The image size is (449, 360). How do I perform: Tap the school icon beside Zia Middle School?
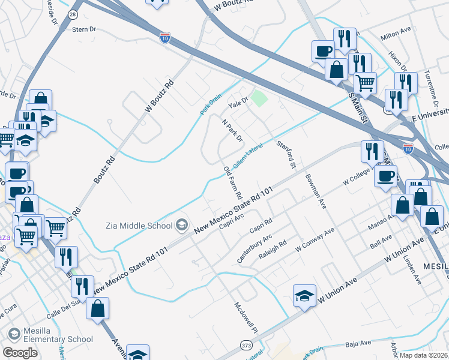(181, 226)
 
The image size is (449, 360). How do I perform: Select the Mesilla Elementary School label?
(59, 335)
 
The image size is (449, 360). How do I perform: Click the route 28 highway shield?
(73, 13)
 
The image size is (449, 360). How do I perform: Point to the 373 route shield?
(246, 345)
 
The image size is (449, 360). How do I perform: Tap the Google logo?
(20, 353)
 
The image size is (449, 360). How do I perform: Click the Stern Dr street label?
(84, 28)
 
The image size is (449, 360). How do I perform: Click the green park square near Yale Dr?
(259, 98)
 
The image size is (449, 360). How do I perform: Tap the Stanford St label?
(286, 154)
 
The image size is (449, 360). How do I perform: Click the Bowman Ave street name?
(315, 190)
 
